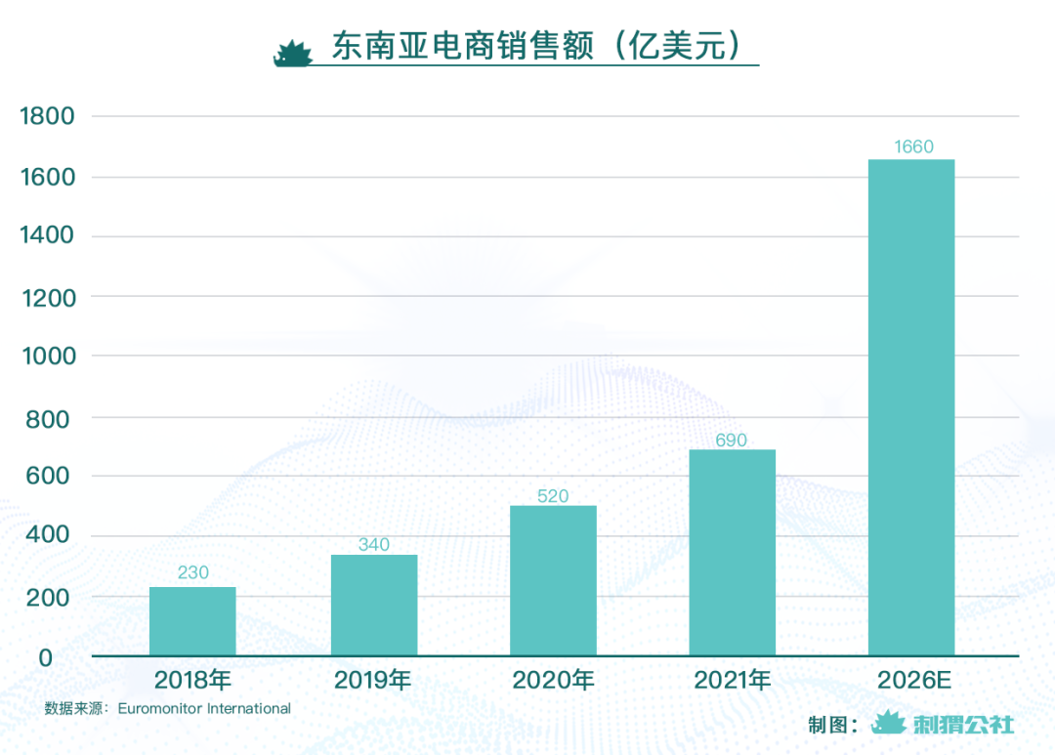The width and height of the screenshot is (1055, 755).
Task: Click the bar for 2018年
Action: point(192,621)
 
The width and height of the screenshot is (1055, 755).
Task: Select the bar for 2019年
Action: point(374,606)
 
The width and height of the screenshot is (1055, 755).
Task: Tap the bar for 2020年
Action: point(553,580)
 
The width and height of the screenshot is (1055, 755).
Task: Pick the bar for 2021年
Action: point(732,552)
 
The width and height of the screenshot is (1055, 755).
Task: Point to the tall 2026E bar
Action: point(911,407)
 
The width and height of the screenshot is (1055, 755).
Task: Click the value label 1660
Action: point(913,147)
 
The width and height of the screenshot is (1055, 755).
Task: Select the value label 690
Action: point(731,440)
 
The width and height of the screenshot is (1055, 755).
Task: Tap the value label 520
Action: point(553,496)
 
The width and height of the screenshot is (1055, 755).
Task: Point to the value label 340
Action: point(374,545)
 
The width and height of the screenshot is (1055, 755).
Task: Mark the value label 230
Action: point(193,572)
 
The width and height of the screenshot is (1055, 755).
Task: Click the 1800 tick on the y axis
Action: point(47,117)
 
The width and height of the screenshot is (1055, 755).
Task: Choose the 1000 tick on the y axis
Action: point(47,357)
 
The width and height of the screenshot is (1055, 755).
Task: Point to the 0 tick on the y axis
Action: point(46,657)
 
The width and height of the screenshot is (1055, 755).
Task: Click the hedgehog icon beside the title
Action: point(292,53)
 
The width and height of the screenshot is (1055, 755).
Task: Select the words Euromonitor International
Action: point(204,708)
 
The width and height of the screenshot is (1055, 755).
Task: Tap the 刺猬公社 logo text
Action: point(963,725)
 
